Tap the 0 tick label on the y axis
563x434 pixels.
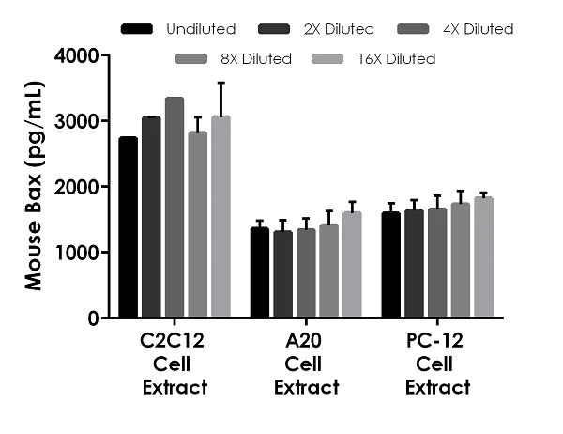tap(93, 318)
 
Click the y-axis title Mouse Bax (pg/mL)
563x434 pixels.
tap(33, 188)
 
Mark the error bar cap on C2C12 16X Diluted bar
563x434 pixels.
tap(221, 83)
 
